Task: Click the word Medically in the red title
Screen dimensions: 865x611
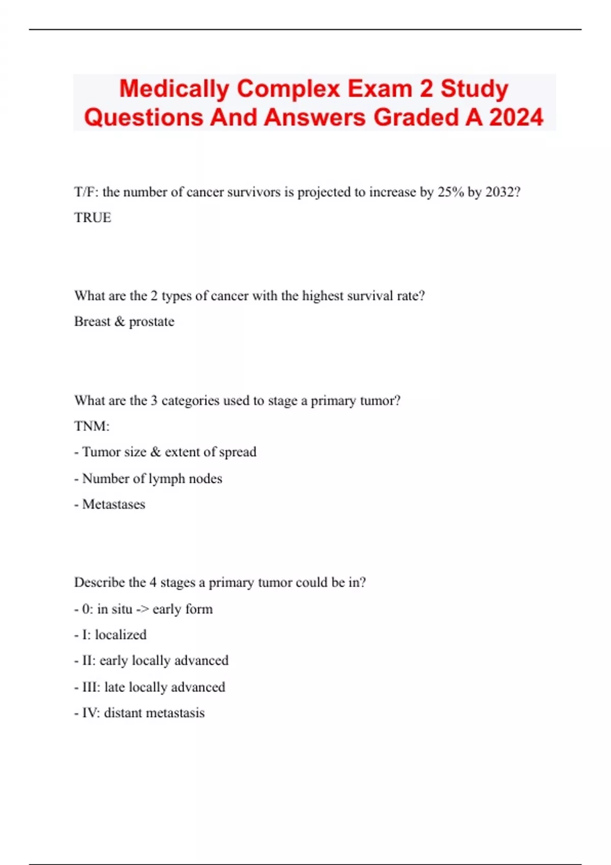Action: [174, 89]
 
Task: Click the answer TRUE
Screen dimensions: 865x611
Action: [93, 218]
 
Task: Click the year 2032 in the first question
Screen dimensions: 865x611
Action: [503, 192]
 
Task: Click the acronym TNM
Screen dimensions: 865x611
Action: [91, 426]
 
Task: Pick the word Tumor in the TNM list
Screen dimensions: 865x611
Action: [101, 452]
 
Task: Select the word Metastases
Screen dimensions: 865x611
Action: [114, 504]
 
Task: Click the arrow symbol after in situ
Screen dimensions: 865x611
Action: [142, 609]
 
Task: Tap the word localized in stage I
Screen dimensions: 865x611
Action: [121, 635]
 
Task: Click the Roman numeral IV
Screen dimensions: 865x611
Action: [90, 713]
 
